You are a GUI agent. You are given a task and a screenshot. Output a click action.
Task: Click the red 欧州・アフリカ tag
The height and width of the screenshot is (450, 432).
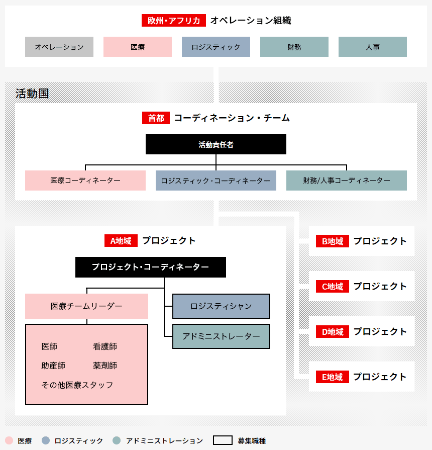click(x=174, y=21)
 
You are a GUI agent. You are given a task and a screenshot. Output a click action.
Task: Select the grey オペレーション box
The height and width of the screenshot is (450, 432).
click(x=59, y=47)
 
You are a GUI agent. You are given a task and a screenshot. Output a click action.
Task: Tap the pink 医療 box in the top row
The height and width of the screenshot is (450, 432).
click(x=138, y=47)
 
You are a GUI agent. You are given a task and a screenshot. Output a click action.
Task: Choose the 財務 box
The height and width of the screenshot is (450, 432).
click(x=294, y=47)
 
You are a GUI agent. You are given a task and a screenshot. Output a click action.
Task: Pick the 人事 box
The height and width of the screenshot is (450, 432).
click(x=373, y=47)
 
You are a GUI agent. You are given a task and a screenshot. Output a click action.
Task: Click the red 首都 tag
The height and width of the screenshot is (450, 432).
click(x=156, y=118)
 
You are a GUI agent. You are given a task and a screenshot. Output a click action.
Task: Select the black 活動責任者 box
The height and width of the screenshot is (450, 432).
click(x=216, y=144)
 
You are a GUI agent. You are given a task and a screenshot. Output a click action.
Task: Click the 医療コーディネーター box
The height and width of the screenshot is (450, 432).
click(x=85, y=181)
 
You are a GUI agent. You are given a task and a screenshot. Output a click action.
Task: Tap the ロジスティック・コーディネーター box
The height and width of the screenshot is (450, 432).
click(x=216, y=181)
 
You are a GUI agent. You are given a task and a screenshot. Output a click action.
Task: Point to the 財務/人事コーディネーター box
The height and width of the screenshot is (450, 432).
click(x=347, y=181)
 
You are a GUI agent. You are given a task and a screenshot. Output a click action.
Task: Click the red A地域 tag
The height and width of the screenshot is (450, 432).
click(x=121, y=240)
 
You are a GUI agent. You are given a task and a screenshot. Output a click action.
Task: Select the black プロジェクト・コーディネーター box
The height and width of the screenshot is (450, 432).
click(x=151, y=267)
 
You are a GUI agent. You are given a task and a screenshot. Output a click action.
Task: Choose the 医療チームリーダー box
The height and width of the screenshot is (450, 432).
click(x=86, y=306)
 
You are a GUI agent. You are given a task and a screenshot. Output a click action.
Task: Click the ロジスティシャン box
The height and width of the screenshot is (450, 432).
click(x=221, y=306)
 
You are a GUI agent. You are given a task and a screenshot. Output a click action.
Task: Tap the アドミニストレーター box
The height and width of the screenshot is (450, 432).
click(x=221, y=336)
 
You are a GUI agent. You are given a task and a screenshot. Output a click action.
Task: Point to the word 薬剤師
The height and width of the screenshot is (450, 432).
click(x=105, y=366)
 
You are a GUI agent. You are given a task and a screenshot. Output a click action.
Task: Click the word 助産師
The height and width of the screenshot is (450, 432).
click(x=53, y=366)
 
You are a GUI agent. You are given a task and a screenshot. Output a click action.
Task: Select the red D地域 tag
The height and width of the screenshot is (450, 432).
click(x=333, y=332)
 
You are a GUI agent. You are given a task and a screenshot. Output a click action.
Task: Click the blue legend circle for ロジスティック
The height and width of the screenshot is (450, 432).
click(x=46, y=440)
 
